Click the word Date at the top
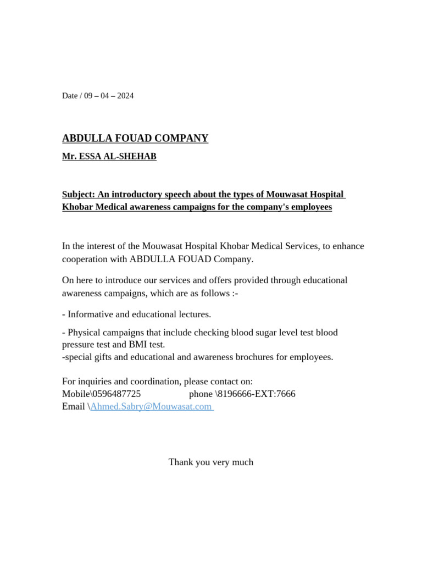[x=70, y=96]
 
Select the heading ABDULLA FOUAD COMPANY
[x=135, y=139]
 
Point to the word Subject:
[x=79, y=195]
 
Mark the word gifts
[x=109, y=357]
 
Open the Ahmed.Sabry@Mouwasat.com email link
[x=151, y=407]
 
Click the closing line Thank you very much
[x=211, y=462]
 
